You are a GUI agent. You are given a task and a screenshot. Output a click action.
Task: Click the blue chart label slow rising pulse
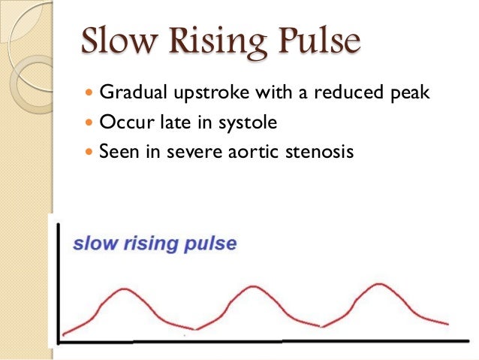pos(155,244)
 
